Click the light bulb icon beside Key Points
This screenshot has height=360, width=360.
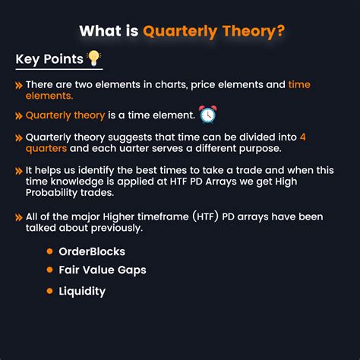[94, 58]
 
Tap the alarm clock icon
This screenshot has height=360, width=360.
[208, 114]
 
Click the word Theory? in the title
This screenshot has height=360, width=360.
[254, 31]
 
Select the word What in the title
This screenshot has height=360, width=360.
[100, 31]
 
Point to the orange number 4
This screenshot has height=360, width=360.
[303, 137]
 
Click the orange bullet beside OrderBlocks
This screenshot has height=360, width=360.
[49, 251]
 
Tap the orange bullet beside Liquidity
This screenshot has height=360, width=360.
[49, 291]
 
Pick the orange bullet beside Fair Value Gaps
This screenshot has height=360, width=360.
[49, 270]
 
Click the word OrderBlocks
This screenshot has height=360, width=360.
[92, 251]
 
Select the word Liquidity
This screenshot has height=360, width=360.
[82, 292]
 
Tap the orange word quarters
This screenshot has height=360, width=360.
[46, 149]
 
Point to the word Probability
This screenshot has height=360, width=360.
[52, 193]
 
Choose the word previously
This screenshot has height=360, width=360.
[117, 228]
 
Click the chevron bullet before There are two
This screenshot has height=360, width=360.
[19, 85]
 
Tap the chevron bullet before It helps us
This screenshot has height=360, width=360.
[19, 171]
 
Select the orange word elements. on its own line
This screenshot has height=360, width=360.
[49, 96]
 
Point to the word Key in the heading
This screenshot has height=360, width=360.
[27, 59]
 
